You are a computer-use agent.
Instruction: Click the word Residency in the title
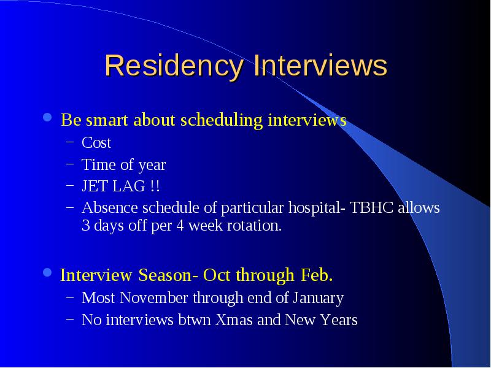(x=174, y=66)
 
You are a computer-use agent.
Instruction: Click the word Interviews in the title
(x=320, y=65)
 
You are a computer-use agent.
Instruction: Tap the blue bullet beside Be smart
(x=47, y=117)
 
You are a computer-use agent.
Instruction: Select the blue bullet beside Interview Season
(x=47, y=272)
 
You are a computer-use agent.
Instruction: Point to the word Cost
(x=96, y=143)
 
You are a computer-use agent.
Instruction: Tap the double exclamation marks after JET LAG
(x=155, y=186)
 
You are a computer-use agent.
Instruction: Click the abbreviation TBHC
(x=371, y=207)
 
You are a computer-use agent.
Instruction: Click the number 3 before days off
(x=85, y=225)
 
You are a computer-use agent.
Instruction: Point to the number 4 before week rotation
(x=180, y=225)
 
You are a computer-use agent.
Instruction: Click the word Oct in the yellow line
(x=217, y=275)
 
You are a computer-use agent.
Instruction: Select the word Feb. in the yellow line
(x=317, y=275)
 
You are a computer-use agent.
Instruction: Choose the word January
(x=319, y=299)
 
